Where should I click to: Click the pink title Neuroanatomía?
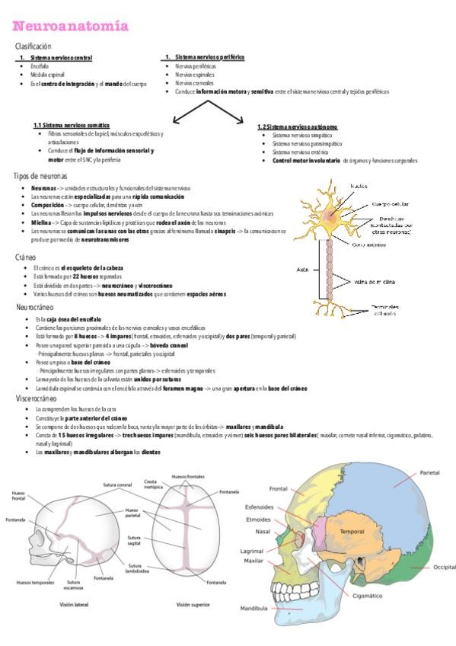click(x=71, y=27)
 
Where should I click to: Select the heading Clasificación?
click(x=33, y=46)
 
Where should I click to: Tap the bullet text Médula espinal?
click(x=48, y=75)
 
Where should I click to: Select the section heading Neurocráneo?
click(x=35, y=306)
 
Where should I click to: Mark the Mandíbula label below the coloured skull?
click(x=254, y=609)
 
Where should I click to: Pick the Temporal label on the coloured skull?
click(x=352, y=531)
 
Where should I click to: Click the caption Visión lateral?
click(x=74, y=603)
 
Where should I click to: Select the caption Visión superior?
click(x=193, y=603)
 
